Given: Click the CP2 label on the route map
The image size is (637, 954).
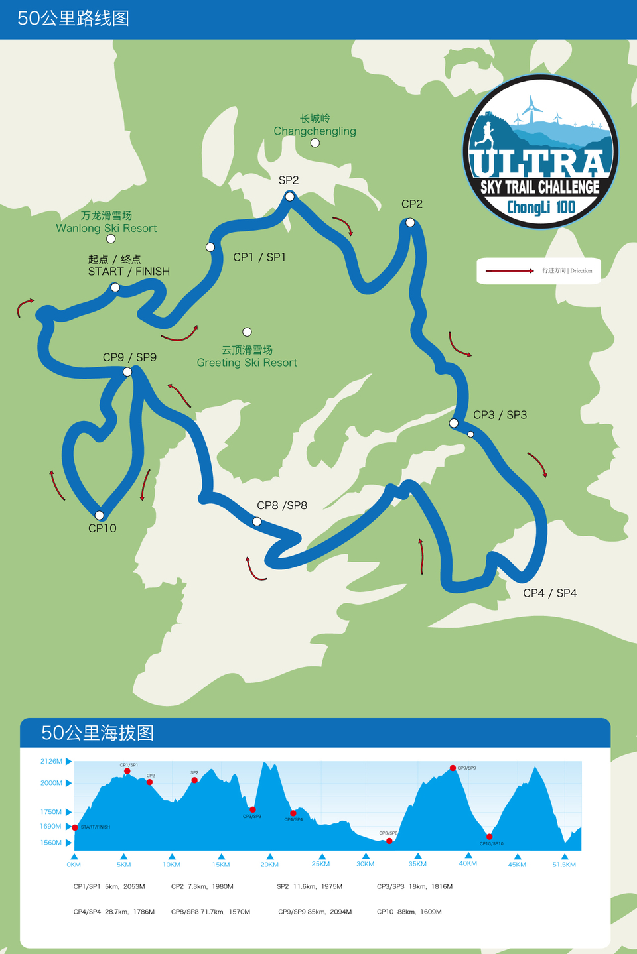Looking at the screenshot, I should pyautogui.click(x=411, y=204).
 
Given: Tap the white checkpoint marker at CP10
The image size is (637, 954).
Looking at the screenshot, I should pyautogui.click(x=100, y=515).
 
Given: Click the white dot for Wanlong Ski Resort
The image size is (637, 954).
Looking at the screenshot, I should pyautogui.click(x=111, y=239).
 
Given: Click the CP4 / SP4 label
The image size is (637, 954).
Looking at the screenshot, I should pyautogui.click(x=549, y=593).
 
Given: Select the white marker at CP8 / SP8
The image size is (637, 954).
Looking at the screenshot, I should pyautogui.click(x=257, y=522).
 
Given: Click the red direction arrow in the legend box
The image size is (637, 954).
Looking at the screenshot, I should pyautogui.click(x=510, y=271).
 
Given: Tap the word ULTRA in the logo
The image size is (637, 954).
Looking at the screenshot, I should pyautogui.click(x=539, y=162).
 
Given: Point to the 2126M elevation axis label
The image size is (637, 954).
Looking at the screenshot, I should pyautogui.click(x=51, y=762).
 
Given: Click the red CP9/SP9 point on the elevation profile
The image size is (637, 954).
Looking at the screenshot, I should pyautogui.click(x=453, y=768).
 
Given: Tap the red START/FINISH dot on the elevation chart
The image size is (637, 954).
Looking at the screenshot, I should pyautogui.click(x=75, y=827).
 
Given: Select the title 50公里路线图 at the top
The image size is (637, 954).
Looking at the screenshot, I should pyautogui.click(x=74, y=19).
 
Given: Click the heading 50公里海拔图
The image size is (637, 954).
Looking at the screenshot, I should pyautogui.click(x=98, y=733).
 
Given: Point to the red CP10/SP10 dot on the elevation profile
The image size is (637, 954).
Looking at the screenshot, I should pyautogui.click(x=489, y=837).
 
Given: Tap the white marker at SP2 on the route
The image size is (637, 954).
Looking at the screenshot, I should pyautogui.click(x=290, y=196).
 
